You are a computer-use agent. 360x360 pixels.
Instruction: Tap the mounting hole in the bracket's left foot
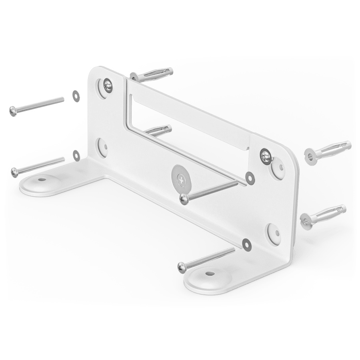point(40,180)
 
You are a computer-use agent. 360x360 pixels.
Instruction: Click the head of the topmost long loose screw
point(13,111)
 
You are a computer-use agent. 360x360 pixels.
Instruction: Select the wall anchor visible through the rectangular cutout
point(159,130)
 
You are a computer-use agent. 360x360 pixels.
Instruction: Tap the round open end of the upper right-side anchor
point(310,155)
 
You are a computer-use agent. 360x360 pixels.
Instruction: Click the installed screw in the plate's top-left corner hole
point(107,84)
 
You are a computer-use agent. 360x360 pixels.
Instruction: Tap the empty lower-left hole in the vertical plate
point(102,146)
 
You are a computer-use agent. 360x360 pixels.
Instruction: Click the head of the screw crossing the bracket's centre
point(184,198)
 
